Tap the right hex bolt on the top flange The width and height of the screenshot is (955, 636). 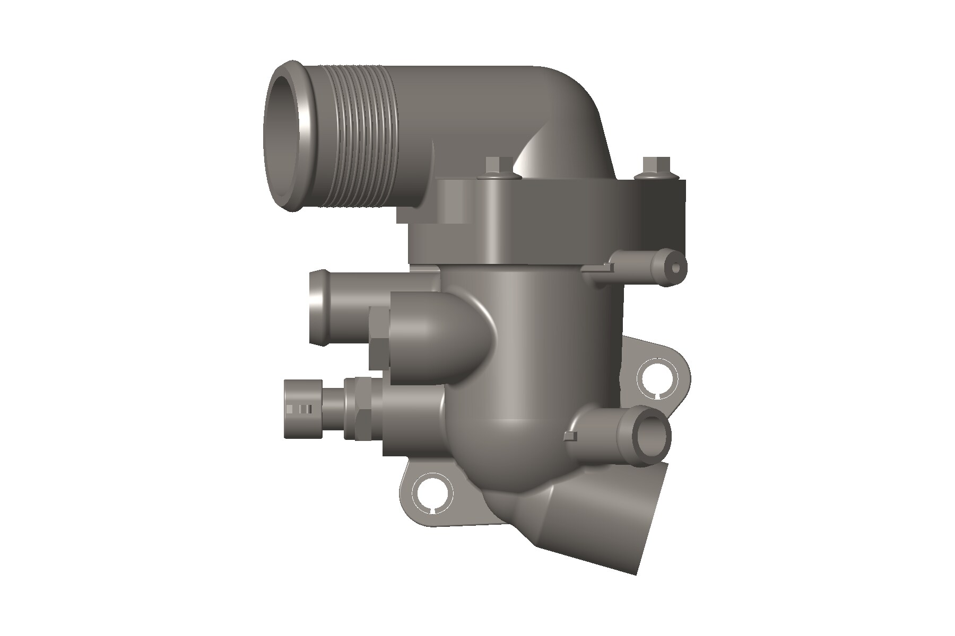pyautogui.click(x=653, y=169)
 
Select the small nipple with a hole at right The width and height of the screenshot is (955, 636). pyautogui.click(x=675, y=268)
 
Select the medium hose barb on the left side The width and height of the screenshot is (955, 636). pyautogui.click(x=332, y=307)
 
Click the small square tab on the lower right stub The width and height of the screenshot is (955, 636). pyautogui.click(x=570, y=436)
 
